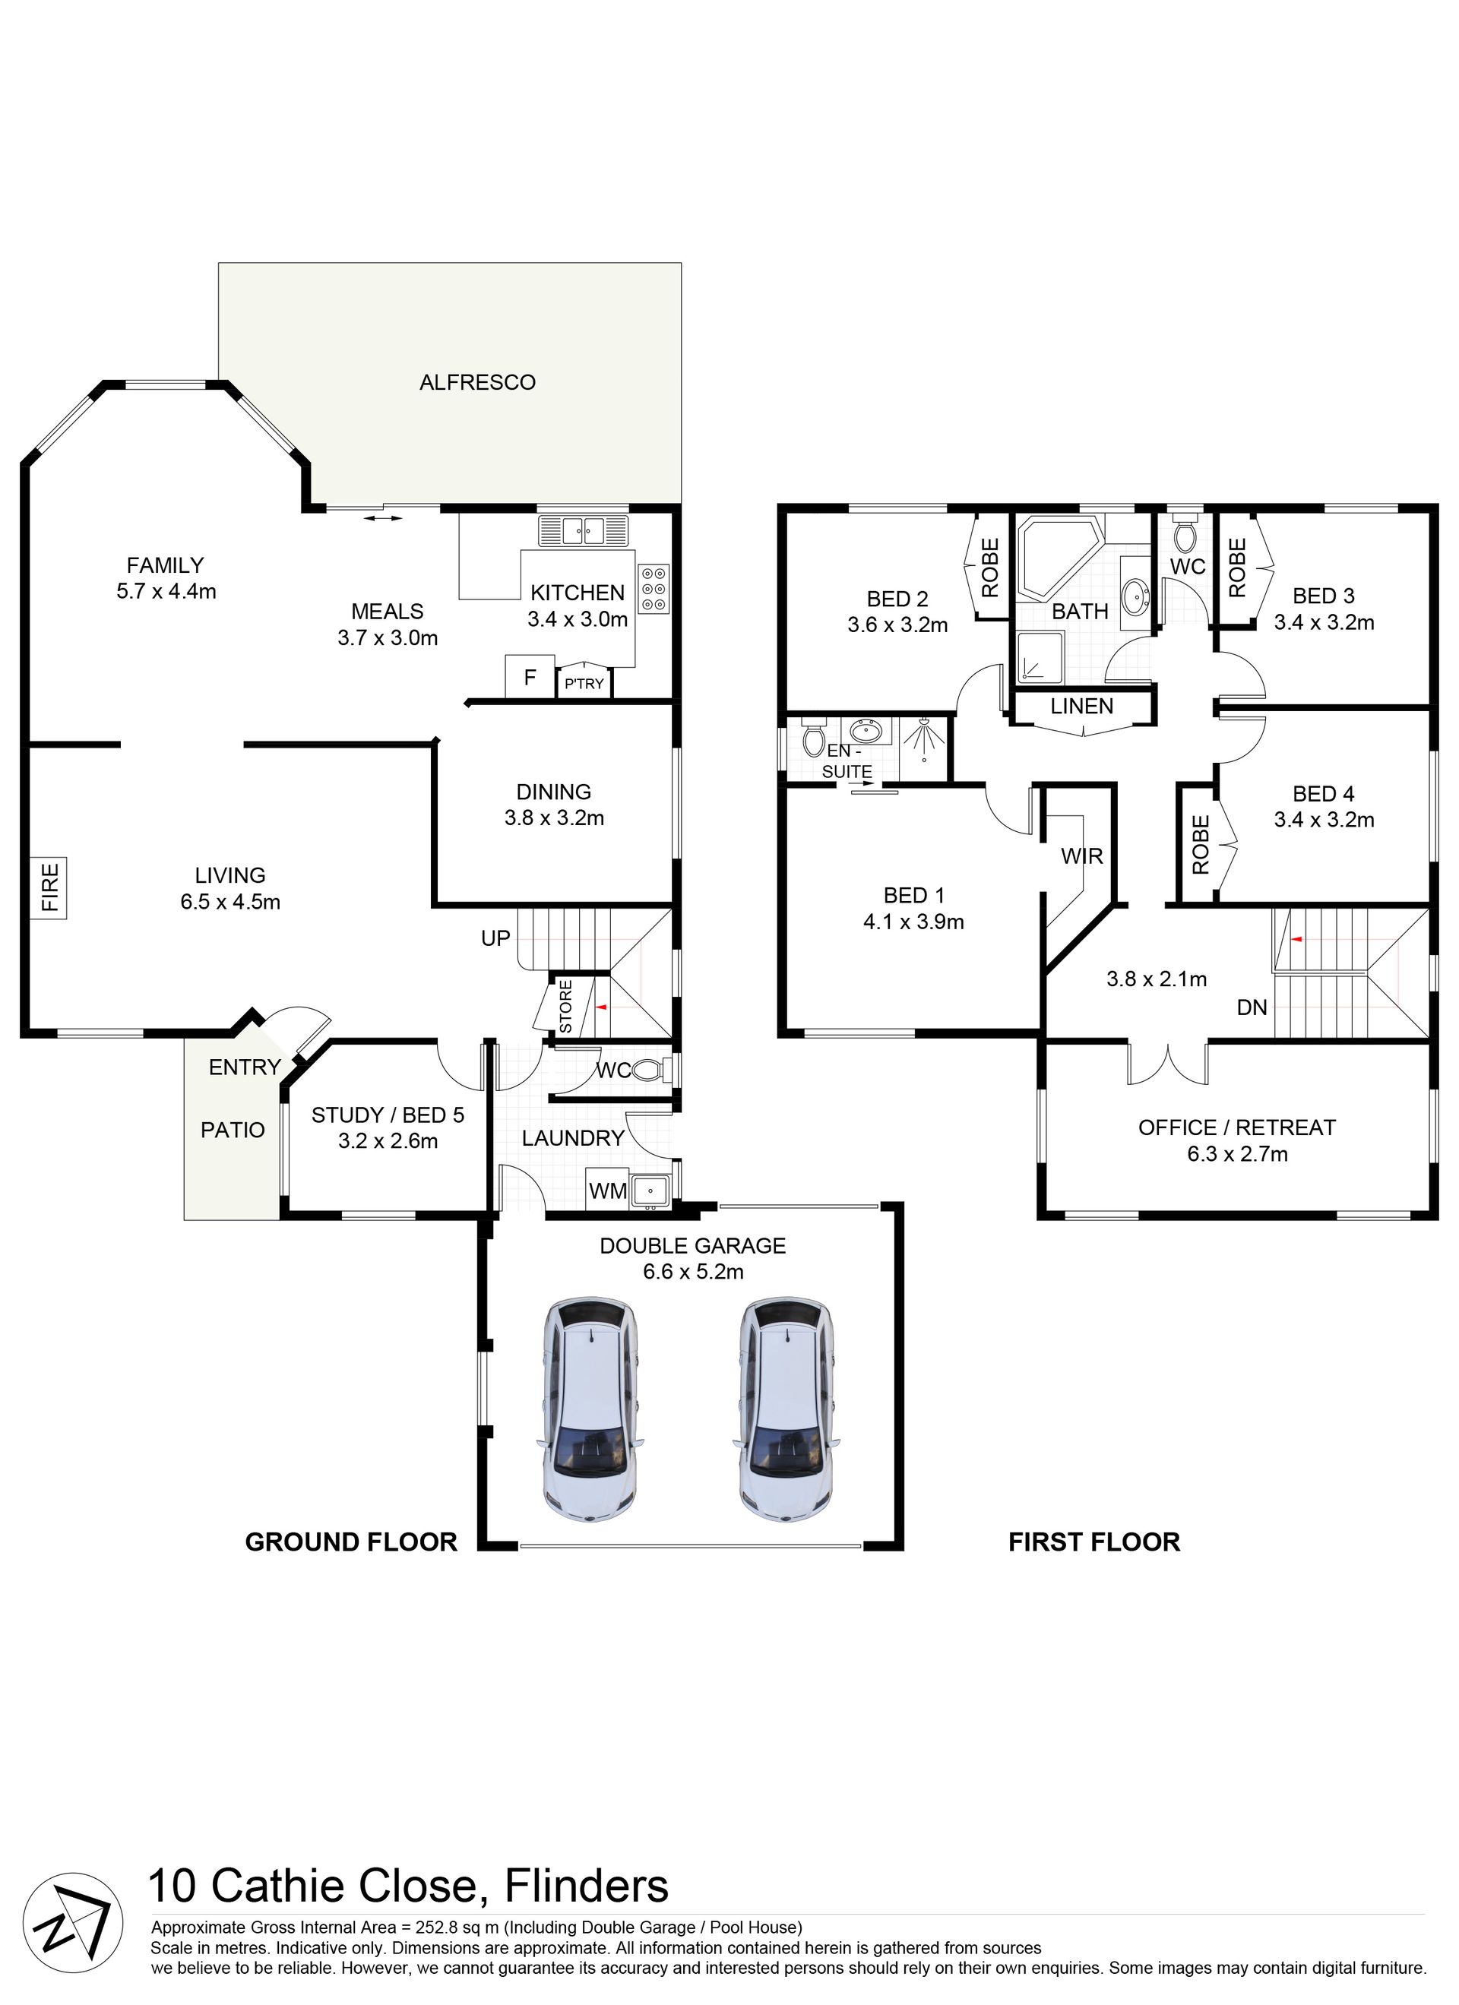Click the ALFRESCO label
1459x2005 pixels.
tap(477, 382)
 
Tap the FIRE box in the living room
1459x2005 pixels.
tap(49, 887)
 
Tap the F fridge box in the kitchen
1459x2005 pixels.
tap(530, 677)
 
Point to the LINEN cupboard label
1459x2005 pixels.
tap(1082, 707)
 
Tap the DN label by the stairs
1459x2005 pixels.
tap(1252, 1007)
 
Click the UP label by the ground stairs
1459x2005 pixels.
tap(496, 938)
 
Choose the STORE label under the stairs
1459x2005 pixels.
tap(566, 1007)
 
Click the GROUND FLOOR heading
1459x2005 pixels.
tap(351, 1542)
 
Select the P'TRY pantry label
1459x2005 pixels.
tap(584, 683)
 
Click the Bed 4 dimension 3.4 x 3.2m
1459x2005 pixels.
tap(1324, 820)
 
